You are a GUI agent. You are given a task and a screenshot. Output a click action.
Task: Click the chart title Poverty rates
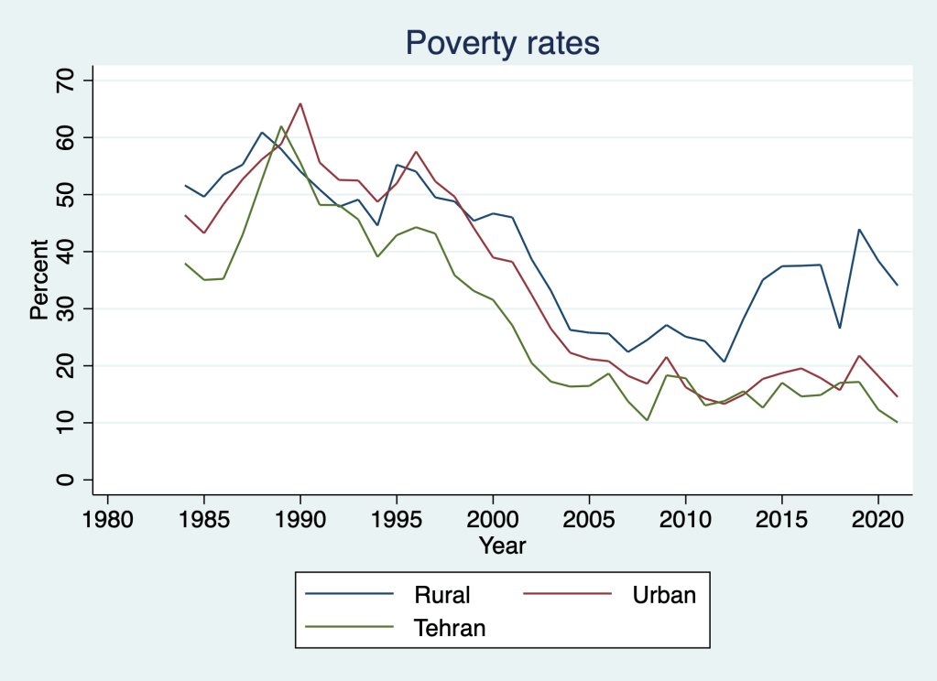pyautogui.click(x=503, y=42)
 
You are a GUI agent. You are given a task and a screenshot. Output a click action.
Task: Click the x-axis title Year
pyautogui.click(x=503, y=546)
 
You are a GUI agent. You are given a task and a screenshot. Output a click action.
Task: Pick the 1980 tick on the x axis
pyautogui.click(x=108, y=519)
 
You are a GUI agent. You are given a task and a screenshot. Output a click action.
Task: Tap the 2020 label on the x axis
pyautogui.click(x=878, y=519)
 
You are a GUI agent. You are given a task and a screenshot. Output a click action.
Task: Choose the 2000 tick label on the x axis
pyautogui.click(x=493, y=519)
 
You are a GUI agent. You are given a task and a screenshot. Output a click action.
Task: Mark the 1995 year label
pyautogui.click(x=397, y=519)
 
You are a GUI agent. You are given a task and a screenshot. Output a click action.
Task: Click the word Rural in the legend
pyautogui.click(x=442, y=594)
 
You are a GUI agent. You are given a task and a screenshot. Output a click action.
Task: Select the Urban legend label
pyautogui.click(x=664, y=594)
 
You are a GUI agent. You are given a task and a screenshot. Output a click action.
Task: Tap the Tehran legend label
pyautogui.click(x=450, y=627)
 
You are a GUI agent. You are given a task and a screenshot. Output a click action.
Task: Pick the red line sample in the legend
pyautogui.click(x=567, y=594)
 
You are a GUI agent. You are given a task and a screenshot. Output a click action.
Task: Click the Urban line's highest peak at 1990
pyautogui.click(x=300, y=103)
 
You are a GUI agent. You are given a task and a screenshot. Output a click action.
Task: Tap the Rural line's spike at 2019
pyautogui.click(x=859, y=230)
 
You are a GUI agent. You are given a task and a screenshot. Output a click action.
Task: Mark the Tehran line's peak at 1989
pyautogui.click(x=281, y=126)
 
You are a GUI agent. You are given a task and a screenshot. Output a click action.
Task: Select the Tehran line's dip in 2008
pyautogui.click(x=648, y=420)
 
